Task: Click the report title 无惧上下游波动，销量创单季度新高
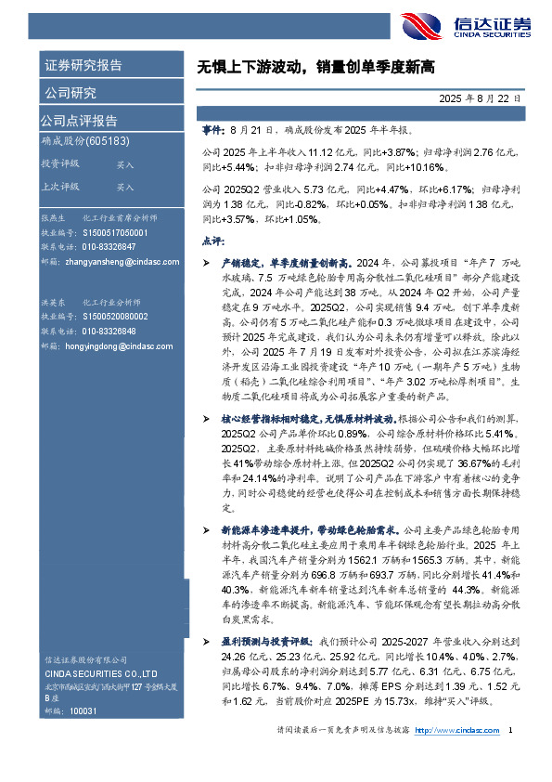315,68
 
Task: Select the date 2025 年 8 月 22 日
482,97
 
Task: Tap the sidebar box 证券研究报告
83,66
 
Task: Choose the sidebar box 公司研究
70,92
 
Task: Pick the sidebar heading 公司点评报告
79,120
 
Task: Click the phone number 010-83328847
109,246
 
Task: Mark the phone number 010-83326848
109,332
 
